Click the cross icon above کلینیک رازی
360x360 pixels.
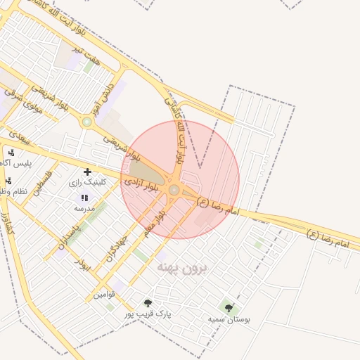[87, 172]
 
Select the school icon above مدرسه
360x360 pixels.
[85, 199]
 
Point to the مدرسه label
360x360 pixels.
[85, 209]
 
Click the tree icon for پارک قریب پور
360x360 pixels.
[147, 303]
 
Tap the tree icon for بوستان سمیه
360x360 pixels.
[229, 308]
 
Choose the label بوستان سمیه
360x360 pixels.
[229, 319]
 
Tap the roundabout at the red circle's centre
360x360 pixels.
[174, 189]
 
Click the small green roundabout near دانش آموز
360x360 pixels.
[87, 122]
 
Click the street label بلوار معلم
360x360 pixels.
[153, 224]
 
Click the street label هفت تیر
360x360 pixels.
[89, 53]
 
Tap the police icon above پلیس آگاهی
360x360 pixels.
[11, 153]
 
